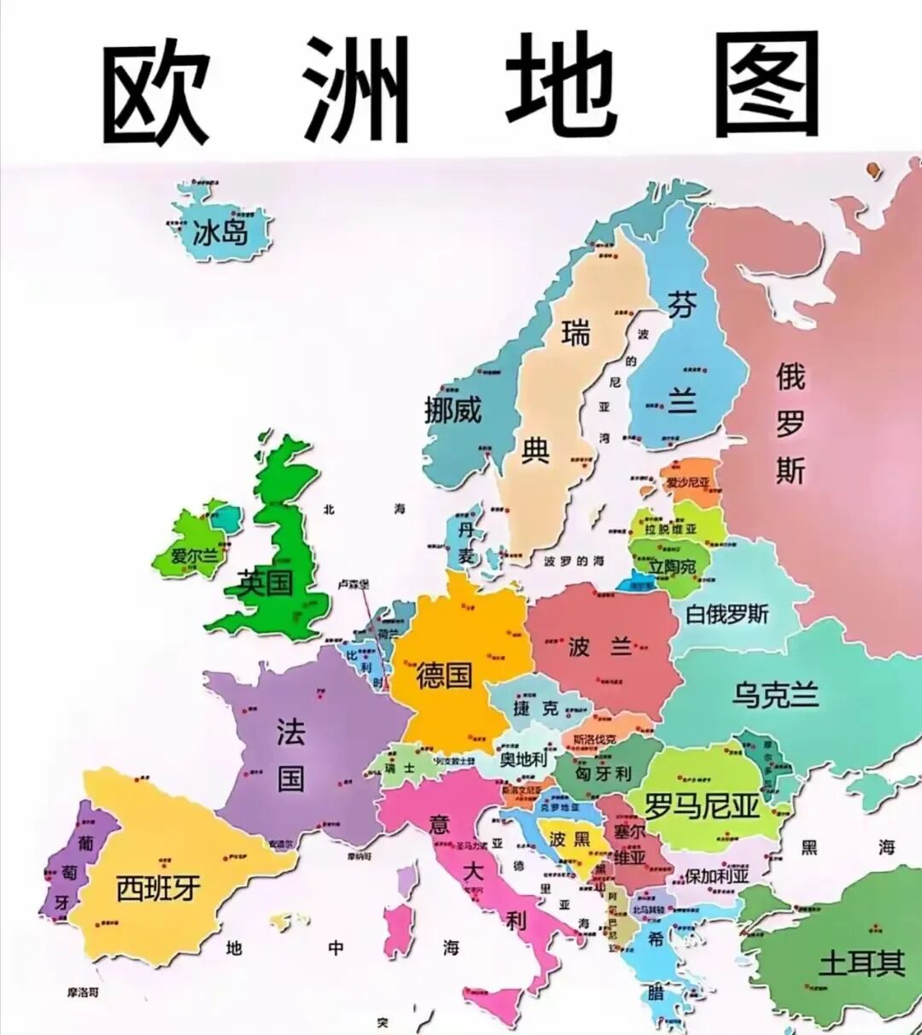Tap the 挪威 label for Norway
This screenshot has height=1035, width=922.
pyautogui.click(x=453, y=411)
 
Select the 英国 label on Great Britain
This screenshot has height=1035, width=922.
pyautogui.click(x=266, y=583)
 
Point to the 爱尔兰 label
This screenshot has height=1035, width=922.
pyautogui.click(x=195, y=556)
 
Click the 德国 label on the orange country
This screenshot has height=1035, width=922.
pyautogui.click(x=444, y=675)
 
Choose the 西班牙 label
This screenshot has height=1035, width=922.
pyautogui.click(x=158, y=888)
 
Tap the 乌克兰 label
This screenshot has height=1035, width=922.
pyautogui.click(x=775, y=694)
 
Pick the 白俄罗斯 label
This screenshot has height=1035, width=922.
pyautogui.click(x=727, y=614)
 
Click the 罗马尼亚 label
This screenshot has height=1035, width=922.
pyautogui.click(x=702, y=805)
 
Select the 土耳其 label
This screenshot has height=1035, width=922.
pyautogui.click(x=861, y=963)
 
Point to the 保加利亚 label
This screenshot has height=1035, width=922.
pyautogui.click(x=717, y=875)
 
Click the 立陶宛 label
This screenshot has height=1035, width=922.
pyautogui.click(x=672, y=567)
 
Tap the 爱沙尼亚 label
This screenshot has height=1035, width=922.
pyautogui.click(x=688, y=482)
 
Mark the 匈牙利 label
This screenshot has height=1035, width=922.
pyautogui.click(x=603, y=774)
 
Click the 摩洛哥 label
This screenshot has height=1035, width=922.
pyautogui.click(x=83, y=992)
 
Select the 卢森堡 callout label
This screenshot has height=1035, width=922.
pyautogui.click(x=353, y=584)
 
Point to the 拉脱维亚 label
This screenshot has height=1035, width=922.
pyautogui.click(x=670, y=529)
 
